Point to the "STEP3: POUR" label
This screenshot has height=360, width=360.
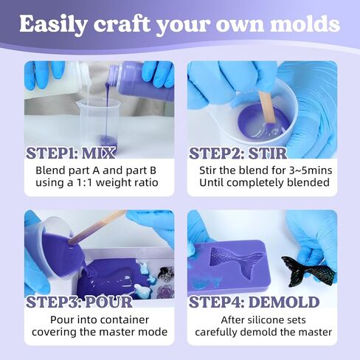click(79, 302)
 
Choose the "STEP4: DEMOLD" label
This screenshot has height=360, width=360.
click(254, 302)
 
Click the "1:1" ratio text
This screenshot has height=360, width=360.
click(86, 182)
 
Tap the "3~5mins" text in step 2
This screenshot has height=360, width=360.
click(302, 170)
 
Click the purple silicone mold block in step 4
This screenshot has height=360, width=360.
click(225, 266)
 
